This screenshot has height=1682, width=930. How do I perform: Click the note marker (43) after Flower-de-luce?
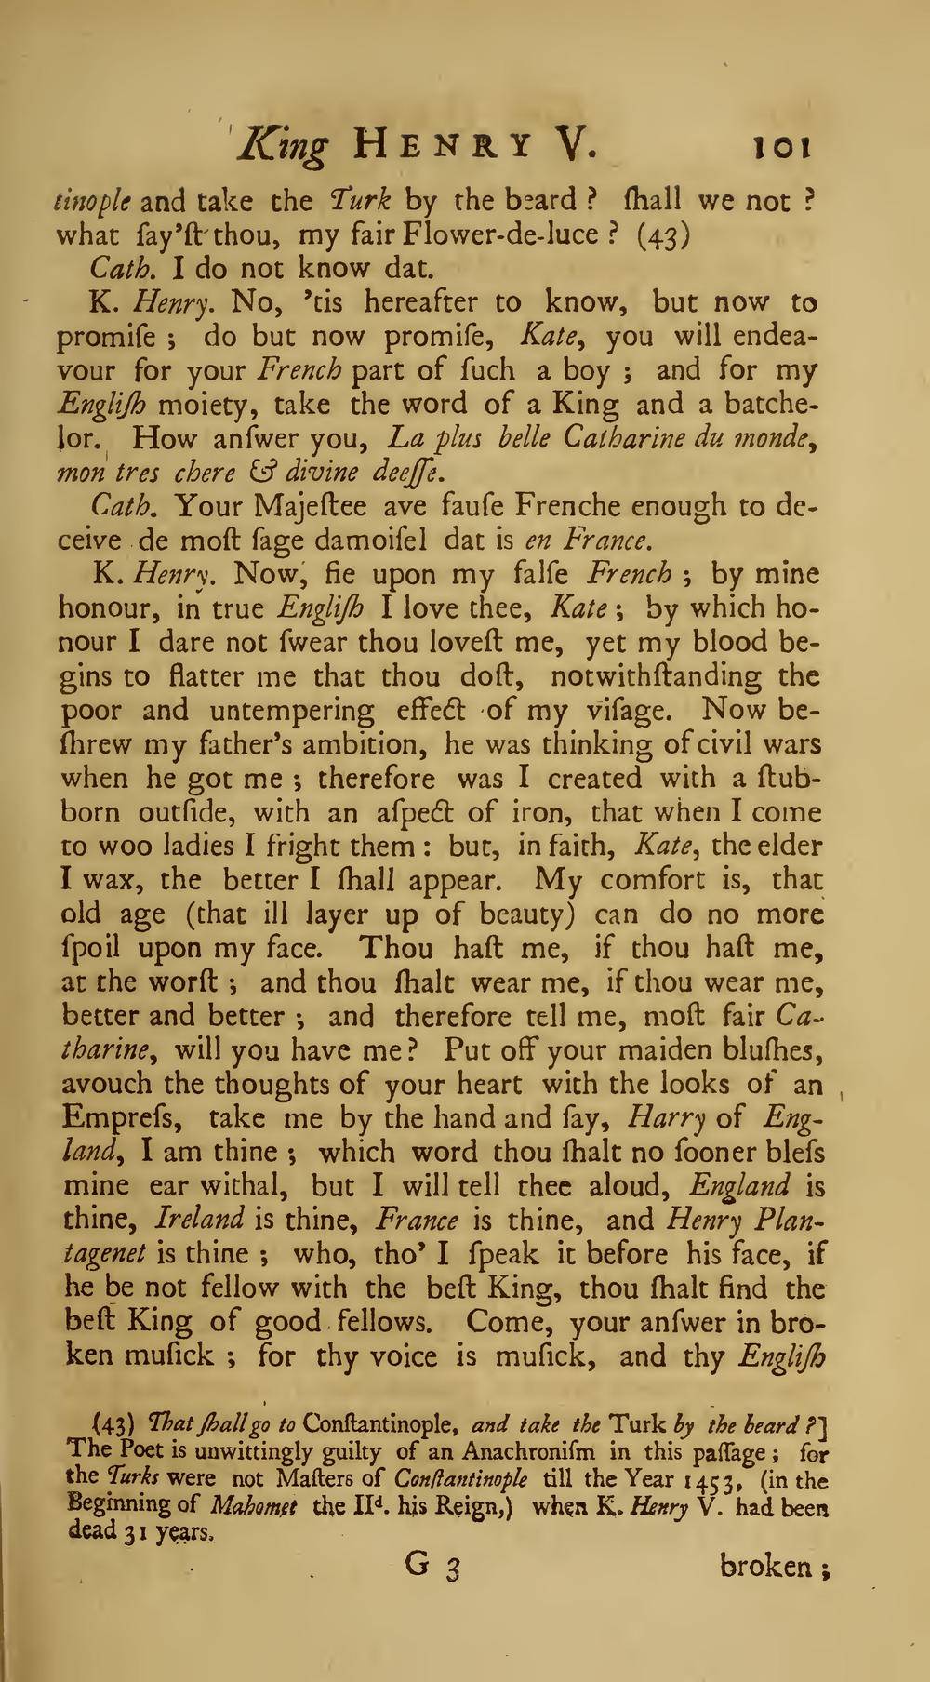point(661,234)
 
